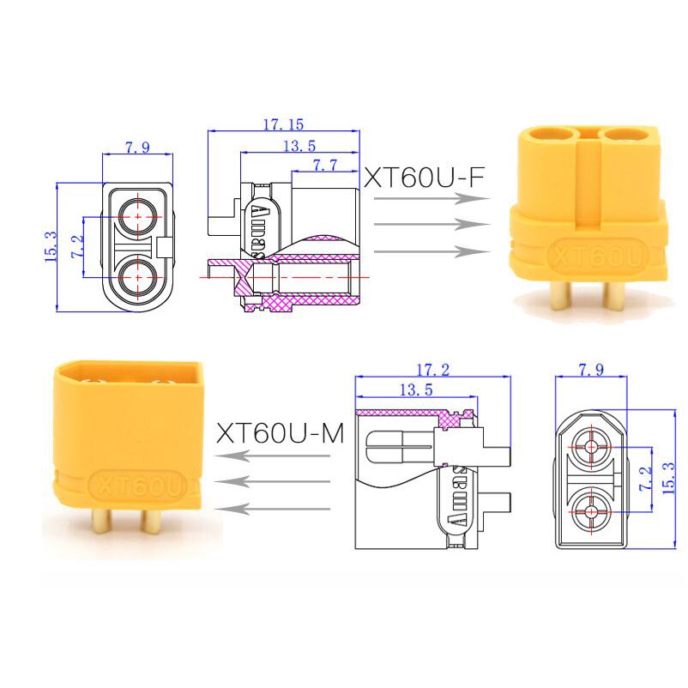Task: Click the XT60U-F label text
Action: click(x=425, y=178)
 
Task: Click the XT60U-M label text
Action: click(x=281, y=433)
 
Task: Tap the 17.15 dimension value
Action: click(x=283, y=124)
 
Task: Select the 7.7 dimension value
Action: click(x=325, y=165)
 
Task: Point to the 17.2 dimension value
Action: click(x=432, y=370)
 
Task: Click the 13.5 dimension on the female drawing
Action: click(x=299, y=146)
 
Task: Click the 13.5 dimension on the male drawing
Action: click(x=416, y=389)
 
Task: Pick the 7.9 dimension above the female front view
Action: click(x=138, y=148)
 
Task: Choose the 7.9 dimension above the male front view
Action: click(x=591, y=370)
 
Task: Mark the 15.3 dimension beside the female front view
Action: click(x=51, y=247)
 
